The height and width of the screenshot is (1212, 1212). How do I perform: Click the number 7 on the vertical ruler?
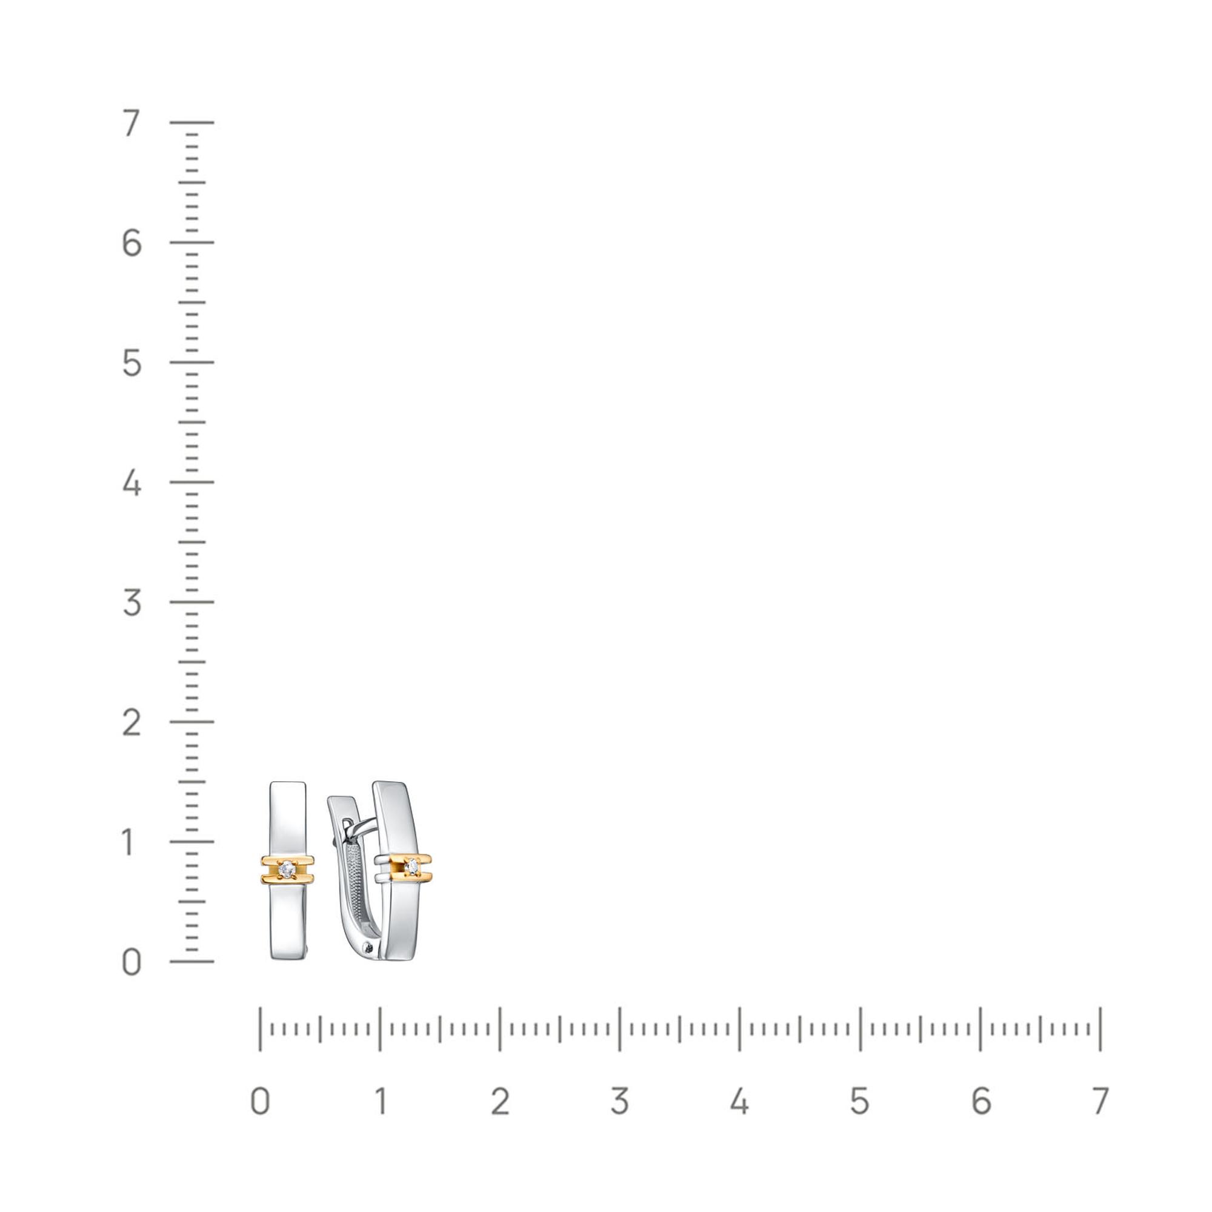[131, 123]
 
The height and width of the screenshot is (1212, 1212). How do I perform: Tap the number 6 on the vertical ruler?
[131, 243]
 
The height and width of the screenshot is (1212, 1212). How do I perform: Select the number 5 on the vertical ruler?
[131, 362]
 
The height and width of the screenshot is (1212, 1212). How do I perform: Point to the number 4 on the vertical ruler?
[131, 482]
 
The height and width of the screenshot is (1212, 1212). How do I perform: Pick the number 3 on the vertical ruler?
[131, 602]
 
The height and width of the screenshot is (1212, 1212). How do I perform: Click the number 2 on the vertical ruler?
[131, 722]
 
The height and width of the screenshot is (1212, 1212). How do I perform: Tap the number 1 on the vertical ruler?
[128, 842]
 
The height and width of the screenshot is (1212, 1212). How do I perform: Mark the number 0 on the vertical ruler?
[131, 962]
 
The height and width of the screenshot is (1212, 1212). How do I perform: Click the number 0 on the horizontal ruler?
[261, 1101]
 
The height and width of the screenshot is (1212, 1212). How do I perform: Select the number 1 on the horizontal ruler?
[381, 1101]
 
